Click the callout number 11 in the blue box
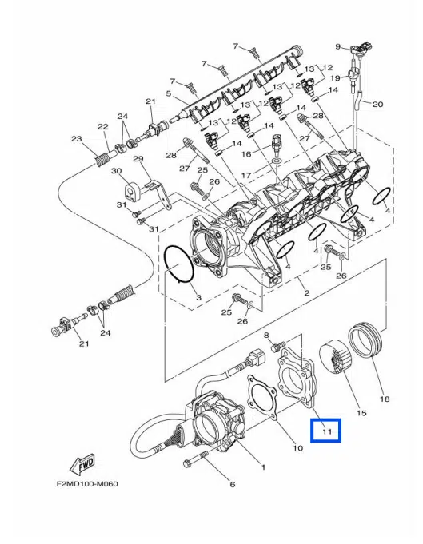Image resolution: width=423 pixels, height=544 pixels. coord(327,431)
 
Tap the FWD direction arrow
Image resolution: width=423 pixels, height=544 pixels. coord(82,463)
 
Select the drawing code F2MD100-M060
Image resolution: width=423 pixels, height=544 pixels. coord(87,483)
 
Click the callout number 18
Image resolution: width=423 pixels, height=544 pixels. coord(385,399)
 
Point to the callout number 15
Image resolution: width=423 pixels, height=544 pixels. coord(361,413)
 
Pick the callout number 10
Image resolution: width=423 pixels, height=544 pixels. coord(298,448)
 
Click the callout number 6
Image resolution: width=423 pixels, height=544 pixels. coord(233,484)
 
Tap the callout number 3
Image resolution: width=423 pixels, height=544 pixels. coord(198,297)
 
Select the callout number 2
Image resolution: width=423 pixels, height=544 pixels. coord(307,293)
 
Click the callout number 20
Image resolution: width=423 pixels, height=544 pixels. coord(377,104)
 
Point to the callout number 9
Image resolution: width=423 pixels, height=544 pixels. coord(338,46)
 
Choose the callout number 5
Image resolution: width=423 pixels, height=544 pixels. coord(169,93)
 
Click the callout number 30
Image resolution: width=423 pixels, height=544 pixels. coord(116,171)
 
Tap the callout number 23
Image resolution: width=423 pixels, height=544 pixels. coord(77,139)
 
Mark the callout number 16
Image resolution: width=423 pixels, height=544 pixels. coord(245,153)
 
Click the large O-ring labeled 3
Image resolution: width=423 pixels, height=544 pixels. coord(179,264)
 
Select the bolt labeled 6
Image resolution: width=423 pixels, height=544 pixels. coord(195,459)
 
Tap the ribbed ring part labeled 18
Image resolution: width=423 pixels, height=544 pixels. coord(366,340)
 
